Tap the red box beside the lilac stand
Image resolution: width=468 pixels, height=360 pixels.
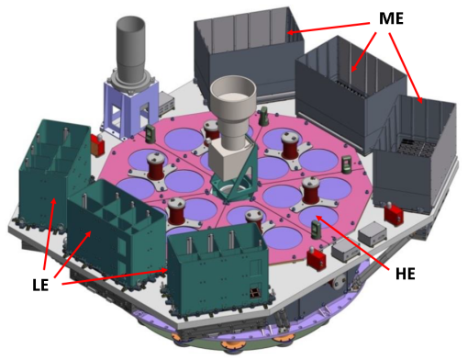[95, 145]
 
